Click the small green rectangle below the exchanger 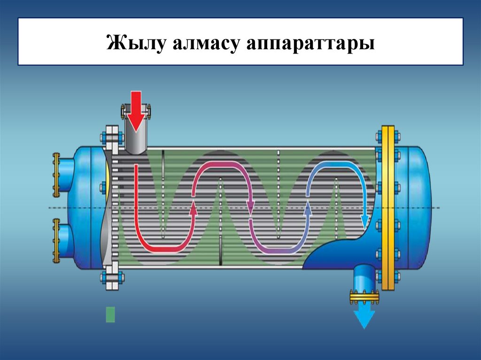[x=110, y=314]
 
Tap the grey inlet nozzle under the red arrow [x=136, y=141]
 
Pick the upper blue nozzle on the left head [x=66, y=175]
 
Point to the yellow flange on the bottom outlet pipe [x=365, y=296]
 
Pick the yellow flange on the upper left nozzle [x=56, y=175]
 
